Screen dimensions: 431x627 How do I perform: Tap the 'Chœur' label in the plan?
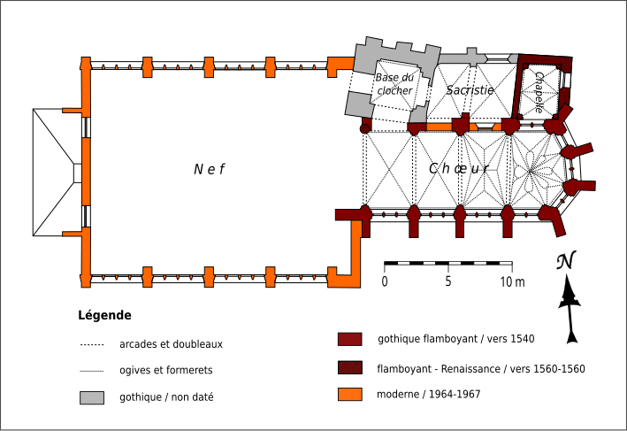pos(459,168)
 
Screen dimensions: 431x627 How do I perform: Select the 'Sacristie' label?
pos(470,90)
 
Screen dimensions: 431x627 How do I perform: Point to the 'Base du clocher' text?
pos(394,84)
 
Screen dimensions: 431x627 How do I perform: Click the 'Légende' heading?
pos(104,315)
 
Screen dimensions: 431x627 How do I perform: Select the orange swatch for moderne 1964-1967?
pos(351,394)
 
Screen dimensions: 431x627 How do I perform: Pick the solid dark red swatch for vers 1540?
pos(351,339)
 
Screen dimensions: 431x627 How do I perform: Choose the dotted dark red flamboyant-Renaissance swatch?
pos(351,367)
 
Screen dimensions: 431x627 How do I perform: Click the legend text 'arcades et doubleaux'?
pos(170,344)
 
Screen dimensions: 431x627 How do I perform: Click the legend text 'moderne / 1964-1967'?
pos(429,394)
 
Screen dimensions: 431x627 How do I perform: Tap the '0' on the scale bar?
pos(385,281)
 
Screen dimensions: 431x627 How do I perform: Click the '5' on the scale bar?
pos(448,281)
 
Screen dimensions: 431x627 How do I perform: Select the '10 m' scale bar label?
pos(512,281)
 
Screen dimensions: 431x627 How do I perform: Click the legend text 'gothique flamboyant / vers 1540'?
pos(456,338)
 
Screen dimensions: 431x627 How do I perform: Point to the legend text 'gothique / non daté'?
pos(166,397)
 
